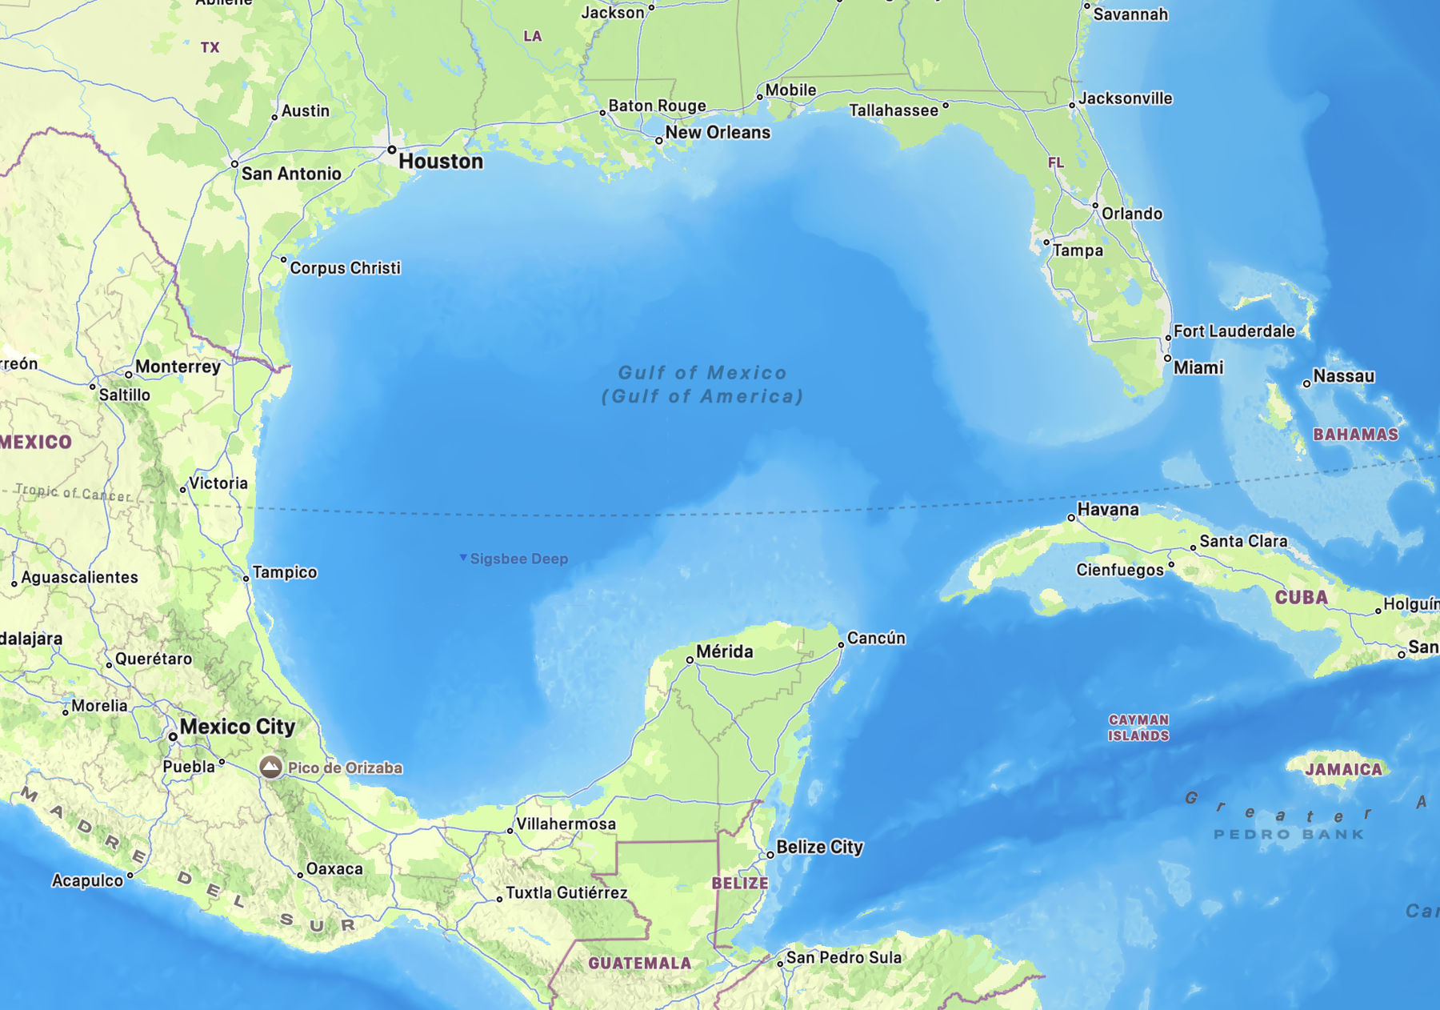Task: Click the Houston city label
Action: coord(441,162)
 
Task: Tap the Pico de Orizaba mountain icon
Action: coord(270,767)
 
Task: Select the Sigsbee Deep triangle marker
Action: coord(463,557)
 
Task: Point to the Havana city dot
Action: coord(1071,518)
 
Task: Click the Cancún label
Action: coord(876,638)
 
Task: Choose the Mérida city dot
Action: coord(690,660)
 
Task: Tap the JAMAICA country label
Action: coord(1343,770)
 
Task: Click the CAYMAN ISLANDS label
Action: coord(1138,728)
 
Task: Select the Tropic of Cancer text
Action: coord(73,492)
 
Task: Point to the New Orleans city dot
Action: coord(658,141)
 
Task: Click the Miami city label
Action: coord(1198,368)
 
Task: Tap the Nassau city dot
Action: coord(1306,384)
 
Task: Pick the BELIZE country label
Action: coord(740,884)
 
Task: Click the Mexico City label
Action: coord(238,727)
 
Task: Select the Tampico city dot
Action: coord(246,579)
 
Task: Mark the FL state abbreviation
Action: coord(1056,163)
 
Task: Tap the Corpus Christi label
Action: coord(345,268)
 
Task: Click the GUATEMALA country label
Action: coord(640,964)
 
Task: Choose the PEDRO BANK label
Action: coord(1289,835)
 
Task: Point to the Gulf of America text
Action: coord(702,396)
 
